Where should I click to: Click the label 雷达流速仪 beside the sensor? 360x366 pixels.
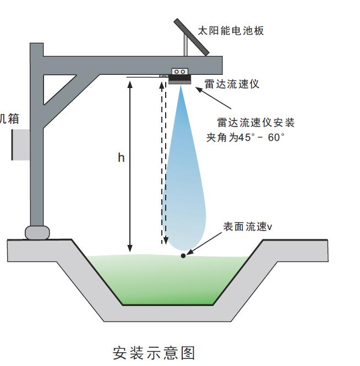click(x=232, y=84)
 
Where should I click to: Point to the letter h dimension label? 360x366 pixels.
click(x=121, y=158)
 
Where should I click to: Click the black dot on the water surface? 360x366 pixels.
click(x=183, y=256)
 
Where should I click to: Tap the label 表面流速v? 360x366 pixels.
click(x=248, y=226)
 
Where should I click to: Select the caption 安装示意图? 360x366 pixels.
click(x=154, y=352)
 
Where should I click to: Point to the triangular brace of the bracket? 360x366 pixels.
click(x=61, y=88)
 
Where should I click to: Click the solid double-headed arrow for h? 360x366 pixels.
click(x=130, y=165)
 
